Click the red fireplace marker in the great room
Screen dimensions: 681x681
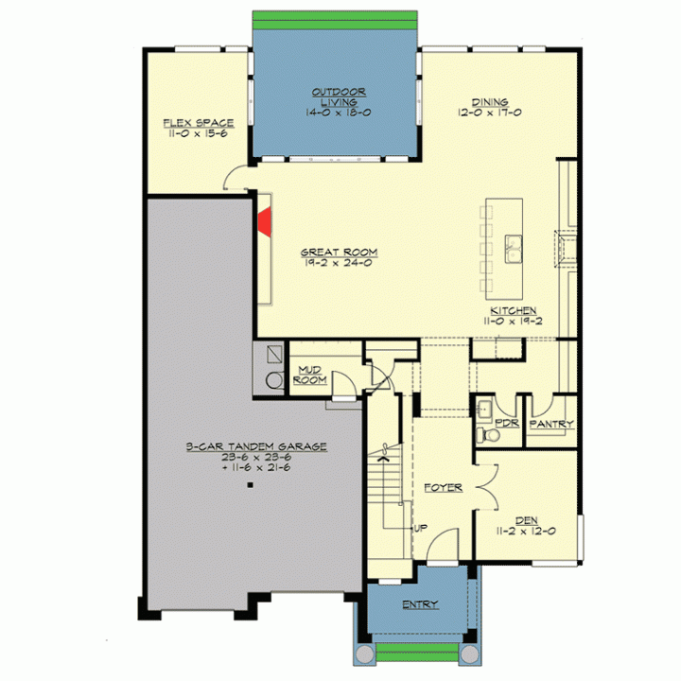(265, 222)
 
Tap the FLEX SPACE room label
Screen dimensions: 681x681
(199, 123)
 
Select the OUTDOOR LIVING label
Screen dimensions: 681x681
(339, 97)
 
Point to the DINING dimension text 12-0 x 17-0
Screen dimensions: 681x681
(490, 113)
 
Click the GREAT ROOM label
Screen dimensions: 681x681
(340, 252)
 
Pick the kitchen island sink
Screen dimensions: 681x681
(514, 249)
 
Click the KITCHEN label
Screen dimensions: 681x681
(514, 311)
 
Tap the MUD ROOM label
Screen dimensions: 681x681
(310, 375)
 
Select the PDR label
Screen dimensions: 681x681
(507, 423)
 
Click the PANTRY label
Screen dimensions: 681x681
(551, 424)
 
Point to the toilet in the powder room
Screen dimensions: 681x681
(488, 434)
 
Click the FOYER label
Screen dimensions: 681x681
(443, 488)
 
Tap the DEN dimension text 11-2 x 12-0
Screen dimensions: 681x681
(526, 532)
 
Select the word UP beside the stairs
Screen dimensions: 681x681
(420, 528)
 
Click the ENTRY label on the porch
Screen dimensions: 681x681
(420, 604)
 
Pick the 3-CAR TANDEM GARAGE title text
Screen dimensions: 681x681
(256, 446)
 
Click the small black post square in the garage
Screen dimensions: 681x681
(250, 485)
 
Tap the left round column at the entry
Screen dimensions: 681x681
(365, 654)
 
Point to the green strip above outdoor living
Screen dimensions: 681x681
(335, 20)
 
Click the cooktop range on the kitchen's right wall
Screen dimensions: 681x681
(566, 250)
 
